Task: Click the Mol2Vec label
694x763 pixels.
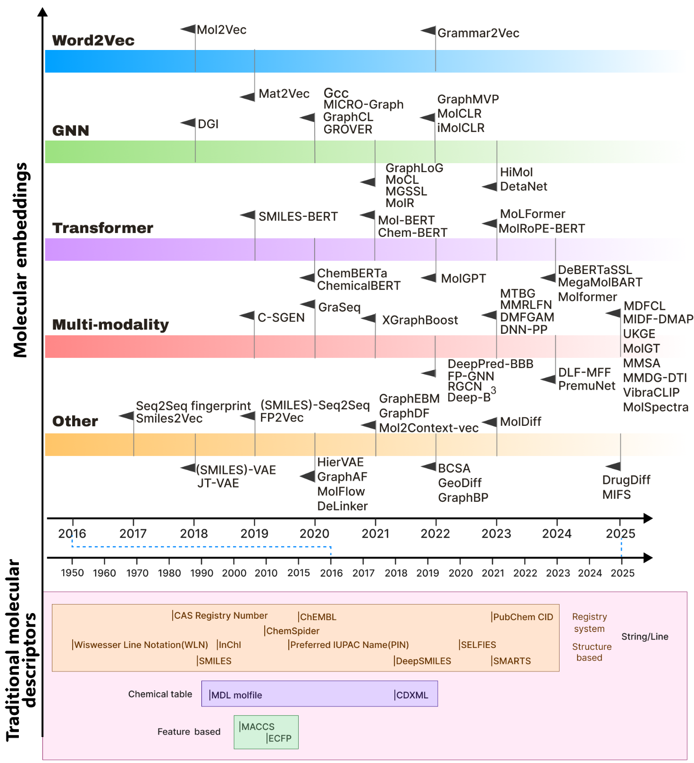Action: pos(221,30)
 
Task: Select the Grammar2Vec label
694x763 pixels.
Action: pos(478,33)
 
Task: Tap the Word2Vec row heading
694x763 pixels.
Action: pos(93,41)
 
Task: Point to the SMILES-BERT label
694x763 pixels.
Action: pos(298,216)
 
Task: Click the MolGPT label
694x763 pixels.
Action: pos(463,278)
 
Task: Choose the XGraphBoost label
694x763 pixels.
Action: pos(419,320)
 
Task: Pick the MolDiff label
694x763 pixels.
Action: pos(520,422)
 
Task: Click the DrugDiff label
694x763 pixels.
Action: pos(626,480)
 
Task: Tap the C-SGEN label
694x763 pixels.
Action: pos(281,317)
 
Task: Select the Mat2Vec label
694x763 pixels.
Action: pos(284,94)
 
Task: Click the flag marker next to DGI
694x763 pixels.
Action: pos(188,123)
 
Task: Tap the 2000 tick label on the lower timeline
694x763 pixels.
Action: pos(234,572)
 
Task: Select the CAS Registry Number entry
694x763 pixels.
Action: pos(220,615)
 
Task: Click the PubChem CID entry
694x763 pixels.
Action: pos(522,617)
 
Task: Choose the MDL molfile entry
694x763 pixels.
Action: pos(236,695)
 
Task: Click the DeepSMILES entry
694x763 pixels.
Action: pos(423,661)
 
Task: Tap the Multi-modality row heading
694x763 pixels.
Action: pos(110,324)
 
